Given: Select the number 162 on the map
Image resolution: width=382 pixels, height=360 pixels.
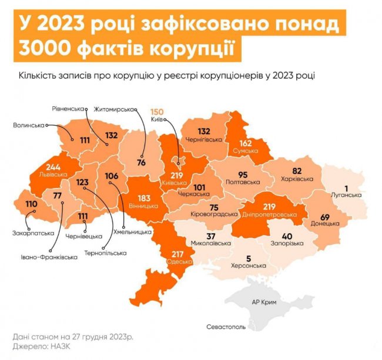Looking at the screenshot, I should coord(245,143).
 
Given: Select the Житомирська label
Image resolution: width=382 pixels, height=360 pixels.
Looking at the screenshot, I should coord(115,109).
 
